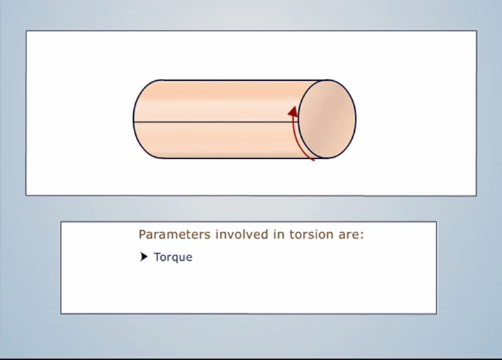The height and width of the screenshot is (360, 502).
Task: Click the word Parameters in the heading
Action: pos(174,234)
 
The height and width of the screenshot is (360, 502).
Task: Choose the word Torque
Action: pos(173,257)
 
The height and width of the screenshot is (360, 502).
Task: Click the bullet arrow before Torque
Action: pos(144,257)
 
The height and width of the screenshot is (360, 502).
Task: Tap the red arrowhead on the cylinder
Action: pos(293,112)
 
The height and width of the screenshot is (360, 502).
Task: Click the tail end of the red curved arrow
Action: pos(314,160)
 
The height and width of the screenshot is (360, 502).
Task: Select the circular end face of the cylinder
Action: pos(327,119)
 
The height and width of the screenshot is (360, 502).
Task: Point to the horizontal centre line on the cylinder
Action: pos(215,121)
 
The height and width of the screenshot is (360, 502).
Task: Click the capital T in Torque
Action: pos(157,257)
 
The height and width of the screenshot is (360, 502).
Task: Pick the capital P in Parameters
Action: pos(142,234)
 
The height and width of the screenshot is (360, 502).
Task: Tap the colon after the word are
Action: pos(362,236)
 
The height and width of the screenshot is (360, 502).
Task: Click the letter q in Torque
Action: pos(173,258)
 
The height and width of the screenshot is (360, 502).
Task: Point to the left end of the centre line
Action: pos(134,121)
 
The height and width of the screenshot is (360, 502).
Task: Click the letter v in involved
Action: pos(231,235)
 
